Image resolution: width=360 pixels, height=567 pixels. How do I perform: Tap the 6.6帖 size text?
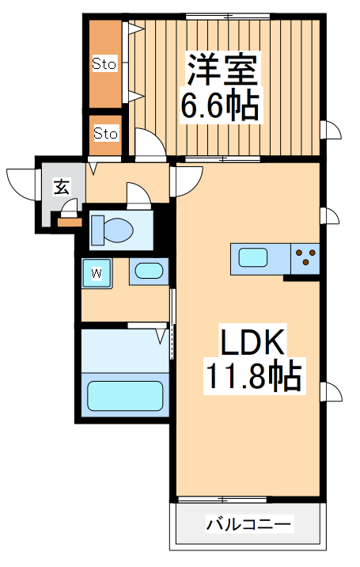point(221,105)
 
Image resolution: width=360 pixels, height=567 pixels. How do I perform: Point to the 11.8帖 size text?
point(253,376)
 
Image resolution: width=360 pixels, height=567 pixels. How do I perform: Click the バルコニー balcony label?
point(249,524)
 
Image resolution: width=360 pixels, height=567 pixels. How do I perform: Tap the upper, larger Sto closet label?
point(104,63)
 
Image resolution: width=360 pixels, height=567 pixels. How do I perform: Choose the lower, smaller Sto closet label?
point(105,133)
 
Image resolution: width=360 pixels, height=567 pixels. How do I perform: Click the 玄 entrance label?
point(61,187)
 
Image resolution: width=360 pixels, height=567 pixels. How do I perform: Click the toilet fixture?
point(112,230)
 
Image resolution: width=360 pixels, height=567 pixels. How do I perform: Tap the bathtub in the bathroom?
point(124,394)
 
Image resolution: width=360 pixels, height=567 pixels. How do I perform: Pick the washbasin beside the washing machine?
point(146,272)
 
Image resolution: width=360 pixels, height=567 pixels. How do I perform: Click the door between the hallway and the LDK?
point(183,178)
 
